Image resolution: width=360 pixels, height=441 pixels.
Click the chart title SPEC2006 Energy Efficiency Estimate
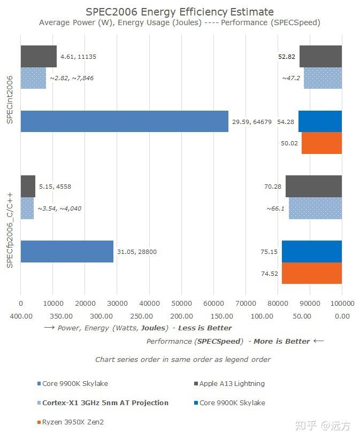pos(180,12)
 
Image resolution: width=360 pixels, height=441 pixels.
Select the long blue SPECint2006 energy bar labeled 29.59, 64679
pos(124,121)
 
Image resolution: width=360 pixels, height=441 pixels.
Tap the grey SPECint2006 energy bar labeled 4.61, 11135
pos(39,57)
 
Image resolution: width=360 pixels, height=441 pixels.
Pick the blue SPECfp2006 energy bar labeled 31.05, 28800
pos(67,251)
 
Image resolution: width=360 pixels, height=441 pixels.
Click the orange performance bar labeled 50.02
pos(321,143)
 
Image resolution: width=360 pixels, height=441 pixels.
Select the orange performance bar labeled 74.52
pos(311,273)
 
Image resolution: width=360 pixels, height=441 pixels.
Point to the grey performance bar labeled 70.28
pos(313,186)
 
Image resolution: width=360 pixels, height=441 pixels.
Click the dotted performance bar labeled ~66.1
pos(315,208)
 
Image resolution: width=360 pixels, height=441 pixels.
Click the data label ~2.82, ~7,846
pos(72,78)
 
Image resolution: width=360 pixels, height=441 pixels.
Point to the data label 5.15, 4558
pos(55,187)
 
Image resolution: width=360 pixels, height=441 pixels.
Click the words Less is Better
pos(205,328)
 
